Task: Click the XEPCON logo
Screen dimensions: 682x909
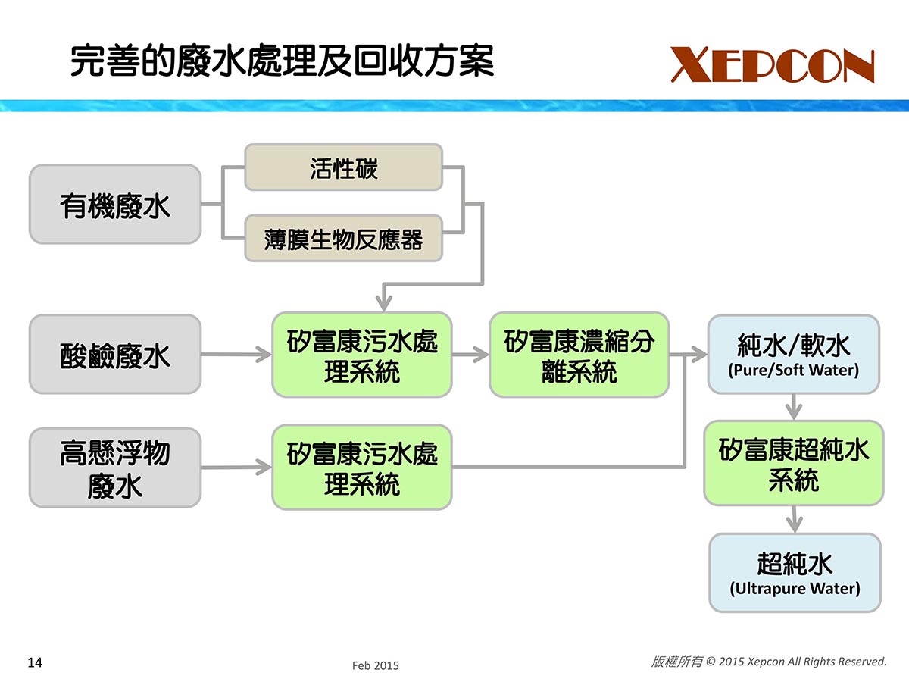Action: click(x=772, y=65)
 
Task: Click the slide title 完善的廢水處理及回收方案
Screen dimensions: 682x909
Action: click(x=282, y=61)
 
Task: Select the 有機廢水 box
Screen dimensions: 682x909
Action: click(x=115, y=205)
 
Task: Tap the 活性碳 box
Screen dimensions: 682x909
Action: click(x=343, y=167)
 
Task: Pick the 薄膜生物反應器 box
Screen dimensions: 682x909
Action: click(x=343, y=239)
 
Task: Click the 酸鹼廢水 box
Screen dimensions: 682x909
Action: click(x=115, y=355)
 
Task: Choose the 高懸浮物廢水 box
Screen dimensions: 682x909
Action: click(x=115, y=468)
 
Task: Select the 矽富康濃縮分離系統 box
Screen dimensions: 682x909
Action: click(x=579, y=355)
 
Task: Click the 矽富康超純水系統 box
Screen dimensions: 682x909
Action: click(x=793, y=463)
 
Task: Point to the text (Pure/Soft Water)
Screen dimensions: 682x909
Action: click(x=793, y=371)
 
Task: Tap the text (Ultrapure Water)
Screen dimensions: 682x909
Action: click(x=795, y=588)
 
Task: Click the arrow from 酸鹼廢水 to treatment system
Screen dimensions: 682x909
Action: click(x=236, y=354)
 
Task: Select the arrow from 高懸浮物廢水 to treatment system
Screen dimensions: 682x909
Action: click(x=236, y=468)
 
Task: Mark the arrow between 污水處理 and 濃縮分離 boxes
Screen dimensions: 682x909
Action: click(x=470, y=354)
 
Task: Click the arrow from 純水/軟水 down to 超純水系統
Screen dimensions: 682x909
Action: click(x=793, y=407)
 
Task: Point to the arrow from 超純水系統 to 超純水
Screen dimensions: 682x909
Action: click(x=793, y=519)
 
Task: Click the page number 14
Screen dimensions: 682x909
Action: click(x=35, y=663)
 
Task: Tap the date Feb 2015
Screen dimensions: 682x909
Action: click(x=375, y=665)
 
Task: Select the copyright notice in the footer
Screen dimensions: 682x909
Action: click(x=768, y=662)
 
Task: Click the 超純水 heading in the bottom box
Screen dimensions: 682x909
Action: click(x=795, y=564)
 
